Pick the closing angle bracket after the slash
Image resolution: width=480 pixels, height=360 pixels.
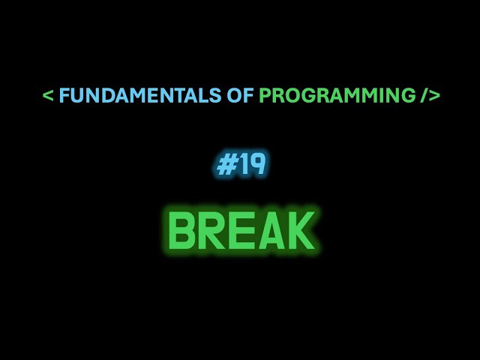(434, 97)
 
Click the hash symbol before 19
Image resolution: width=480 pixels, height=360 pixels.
(225, 165)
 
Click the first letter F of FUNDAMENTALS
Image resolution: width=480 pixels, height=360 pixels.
(64, 96)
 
